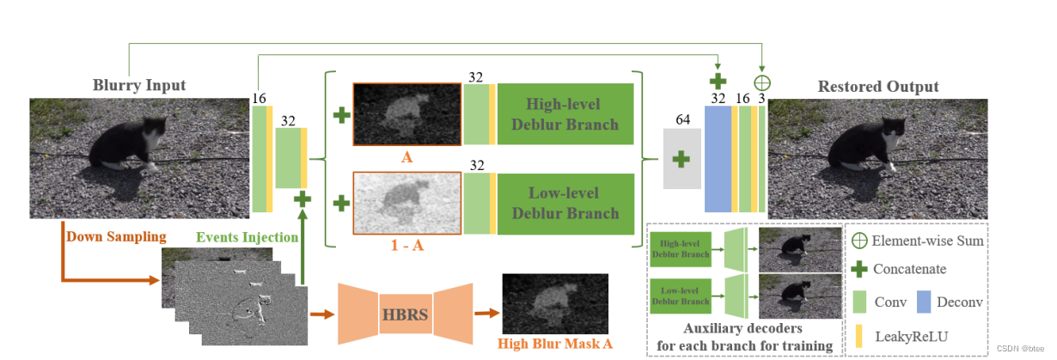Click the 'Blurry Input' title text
click(139, 85)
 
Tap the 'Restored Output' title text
click(877, 86)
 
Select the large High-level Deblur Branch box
click(565, 113)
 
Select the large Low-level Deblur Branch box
click(565, 203)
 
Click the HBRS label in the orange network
click(406, 313)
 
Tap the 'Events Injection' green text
click(247, 237)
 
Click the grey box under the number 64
click(682, 159)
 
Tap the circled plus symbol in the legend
click(858, 241)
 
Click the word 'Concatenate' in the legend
click(909, 269)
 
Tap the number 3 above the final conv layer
click(761, 99)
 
